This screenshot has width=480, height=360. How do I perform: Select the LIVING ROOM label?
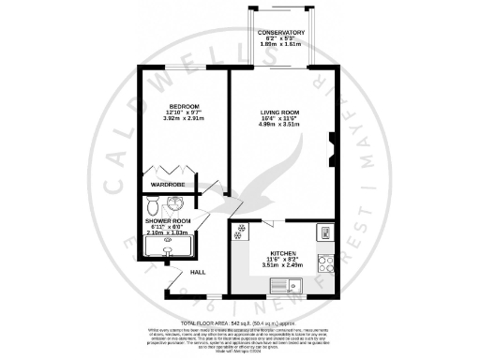pyautogui.click(x=279, y=112)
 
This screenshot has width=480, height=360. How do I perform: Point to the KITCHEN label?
pyautogui.click(x=283, y=252)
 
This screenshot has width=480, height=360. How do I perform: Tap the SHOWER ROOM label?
pyautogui.click(x=168, y=221)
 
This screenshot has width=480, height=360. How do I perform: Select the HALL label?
pyautogui.click(x=198, y=272)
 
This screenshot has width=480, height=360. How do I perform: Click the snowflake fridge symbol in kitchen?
pyautogui.click(x=242, y=230)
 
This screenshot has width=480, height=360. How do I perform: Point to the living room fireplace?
pyautogui.click(x=332, y=146)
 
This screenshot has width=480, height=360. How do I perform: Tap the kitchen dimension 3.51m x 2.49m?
pyautogui.click(x=283, y=266)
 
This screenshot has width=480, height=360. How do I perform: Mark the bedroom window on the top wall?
pyautogui.click(x=178, y=69)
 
